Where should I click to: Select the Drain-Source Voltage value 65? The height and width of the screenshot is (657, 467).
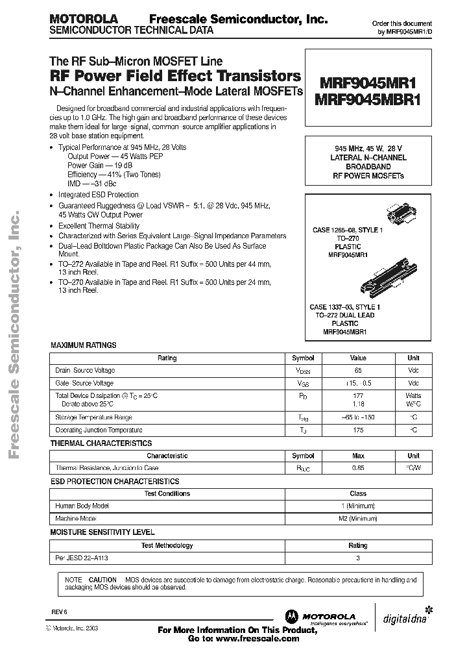tap(358, 370)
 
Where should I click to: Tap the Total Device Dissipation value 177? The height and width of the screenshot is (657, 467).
tap(358, 395)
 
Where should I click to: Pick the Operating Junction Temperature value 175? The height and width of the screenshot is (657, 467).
tap(358, 430)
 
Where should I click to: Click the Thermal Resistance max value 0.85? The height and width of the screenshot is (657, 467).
tap(358, 468)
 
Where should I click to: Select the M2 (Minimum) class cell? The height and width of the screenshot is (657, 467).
tap(358, 519)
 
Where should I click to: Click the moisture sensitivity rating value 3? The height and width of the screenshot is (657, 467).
tap(358, 557)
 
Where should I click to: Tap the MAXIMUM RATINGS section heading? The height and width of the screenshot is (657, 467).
tap(84, 346)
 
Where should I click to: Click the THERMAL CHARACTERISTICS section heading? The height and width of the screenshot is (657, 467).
tap(101, 443)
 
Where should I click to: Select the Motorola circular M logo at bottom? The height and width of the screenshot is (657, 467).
tap(290, 616)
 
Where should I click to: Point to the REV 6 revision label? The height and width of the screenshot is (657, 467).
tap(60, 612)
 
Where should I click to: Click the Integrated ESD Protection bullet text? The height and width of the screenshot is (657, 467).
tap(98, 195)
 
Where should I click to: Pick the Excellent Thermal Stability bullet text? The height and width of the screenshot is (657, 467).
tap(99, 226)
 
